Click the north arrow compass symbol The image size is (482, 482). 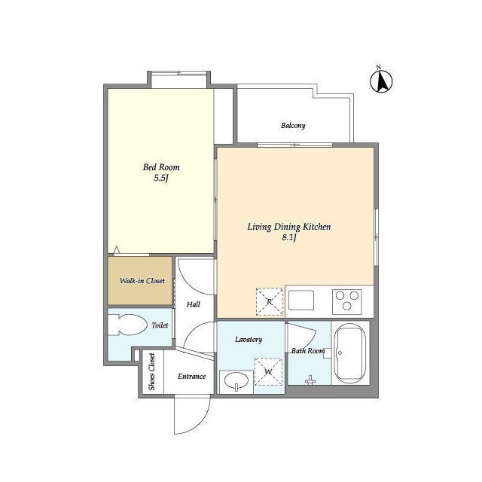(381, 81)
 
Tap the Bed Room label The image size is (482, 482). (161, 167)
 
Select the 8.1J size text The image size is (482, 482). (289, 238)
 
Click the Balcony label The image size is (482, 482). (293, 126)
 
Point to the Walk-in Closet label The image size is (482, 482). (142, 281)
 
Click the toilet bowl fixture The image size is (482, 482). (127, 325)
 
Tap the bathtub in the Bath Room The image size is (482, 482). (349, 353)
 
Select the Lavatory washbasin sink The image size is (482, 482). (236, 382)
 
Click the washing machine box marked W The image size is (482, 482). (268, 371)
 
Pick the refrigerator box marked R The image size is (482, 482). (270, 301)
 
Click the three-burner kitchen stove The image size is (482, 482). (346, 301)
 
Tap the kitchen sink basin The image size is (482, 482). (301, 300)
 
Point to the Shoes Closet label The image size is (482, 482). (151, 371)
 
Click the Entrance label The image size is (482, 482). (191, 377)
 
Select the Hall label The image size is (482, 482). (194, 304)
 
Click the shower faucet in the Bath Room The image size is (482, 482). (310, 380)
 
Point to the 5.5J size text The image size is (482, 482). (161, 178)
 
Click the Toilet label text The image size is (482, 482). (160, 325)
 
